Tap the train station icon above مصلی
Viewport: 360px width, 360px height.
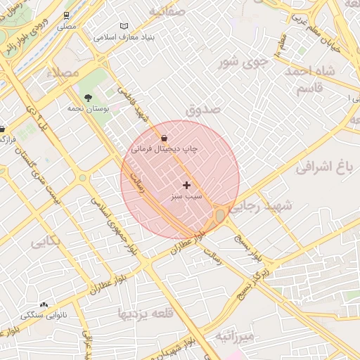(67, 14)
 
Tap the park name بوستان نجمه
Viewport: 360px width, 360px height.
(86, 109)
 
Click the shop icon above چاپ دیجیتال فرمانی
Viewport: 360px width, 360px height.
(164, 138)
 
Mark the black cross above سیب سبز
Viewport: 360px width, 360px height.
(186, 185)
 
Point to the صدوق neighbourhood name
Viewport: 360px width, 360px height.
(203, 110)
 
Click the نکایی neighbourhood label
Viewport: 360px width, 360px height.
(46, 242)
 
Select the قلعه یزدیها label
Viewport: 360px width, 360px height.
(146, 313)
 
